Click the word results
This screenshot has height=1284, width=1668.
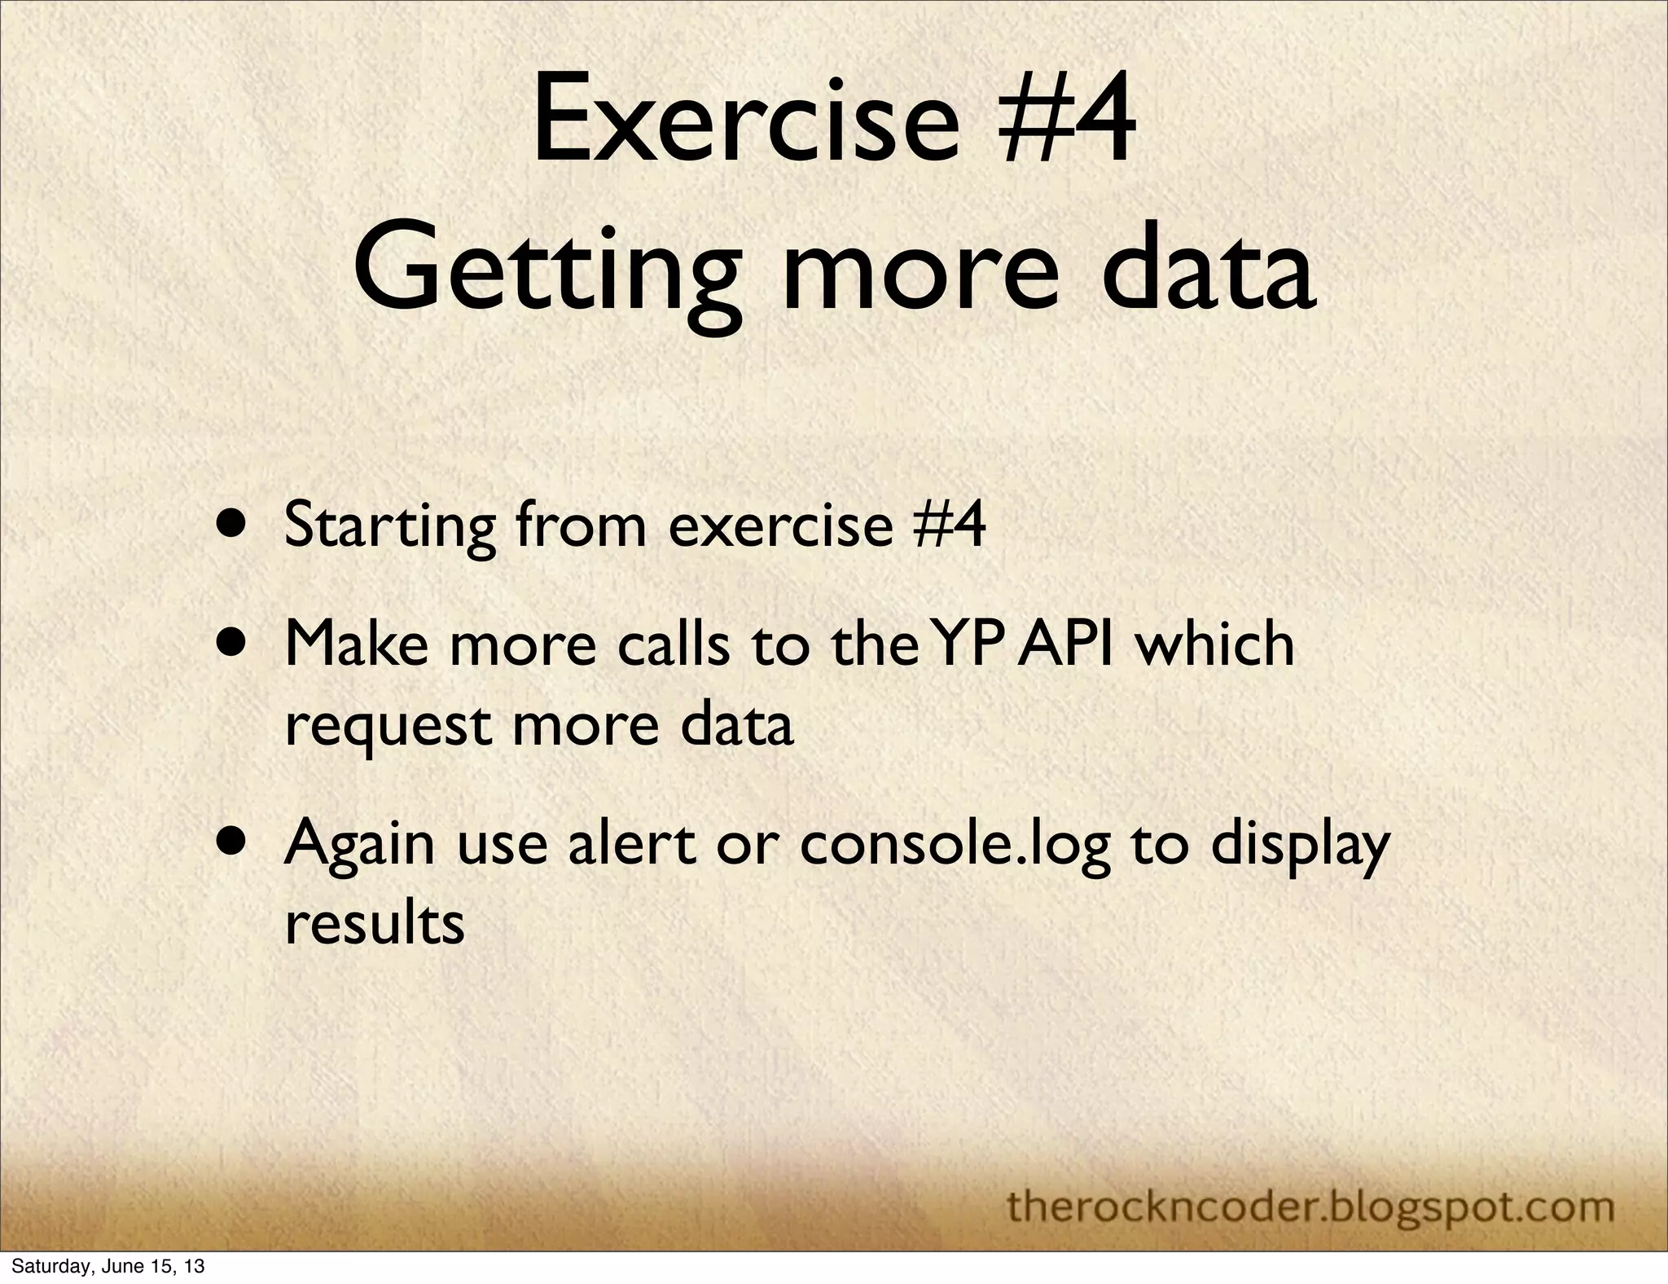[x=375, y=924]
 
